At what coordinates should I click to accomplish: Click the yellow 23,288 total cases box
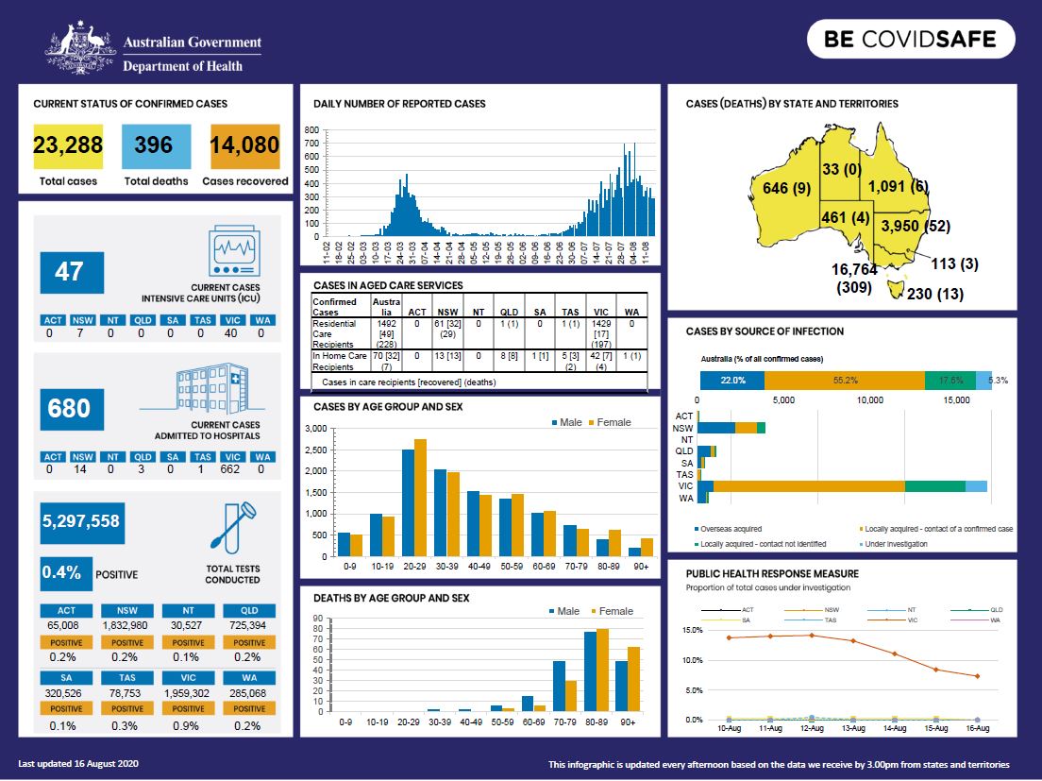[68, 145]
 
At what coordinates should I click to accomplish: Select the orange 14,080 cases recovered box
[245, 145]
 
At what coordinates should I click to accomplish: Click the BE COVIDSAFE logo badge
[910, 40]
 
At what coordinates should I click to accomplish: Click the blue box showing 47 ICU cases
[72, 272]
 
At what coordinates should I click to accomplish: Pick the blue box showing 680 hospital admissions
[72, 408]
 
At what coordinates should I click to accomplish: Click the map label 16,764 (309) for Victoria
[856, 278]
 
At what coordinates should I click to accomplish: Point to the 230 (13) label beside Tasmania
[934, 294]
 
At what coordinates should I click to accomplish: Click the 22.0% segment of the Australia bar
[732, 380]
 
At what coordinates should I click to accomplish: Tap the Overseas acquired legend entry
[731, 529]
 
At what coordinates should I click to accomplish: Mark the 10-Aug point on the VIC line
[729, 637]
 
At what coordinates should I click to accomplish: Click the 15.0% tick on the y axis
[692, 630]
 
